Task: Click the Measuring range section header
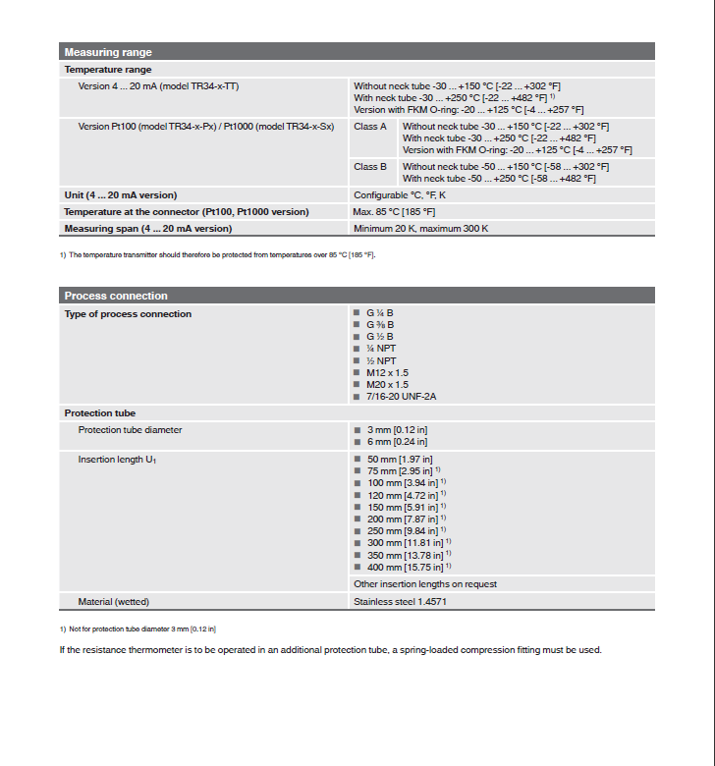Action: pos(108,52)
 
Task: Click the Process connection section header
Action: pos(116,296)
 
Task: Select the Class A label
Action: pos(370,127)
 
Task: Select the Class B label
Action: pos(370,167)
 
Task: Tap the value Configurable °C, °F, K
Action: pos(399,195)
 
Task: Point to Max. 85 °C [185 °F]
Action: pos(394,212)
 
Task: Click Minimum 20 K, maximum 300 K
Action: pos(420,229)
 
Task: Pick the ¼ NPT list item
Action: pos(381,349)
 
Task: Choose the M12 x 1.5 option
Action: pos(387,373)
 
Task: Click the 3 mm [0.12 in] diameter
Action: pos(397,430)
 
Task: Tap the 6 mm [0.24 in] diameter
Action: pos(397,442)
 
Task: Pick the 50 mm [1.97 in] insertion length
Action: pos(400,460)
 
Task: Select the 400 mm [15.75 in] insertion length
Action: pos(405,567)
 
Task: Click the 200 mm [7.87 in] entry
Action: pos(402,519)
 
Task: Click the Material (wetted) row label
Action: pos(114,601)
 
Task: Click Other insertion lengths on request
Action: pos(425,584)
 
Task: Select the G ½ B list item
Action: pos(380,337)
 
